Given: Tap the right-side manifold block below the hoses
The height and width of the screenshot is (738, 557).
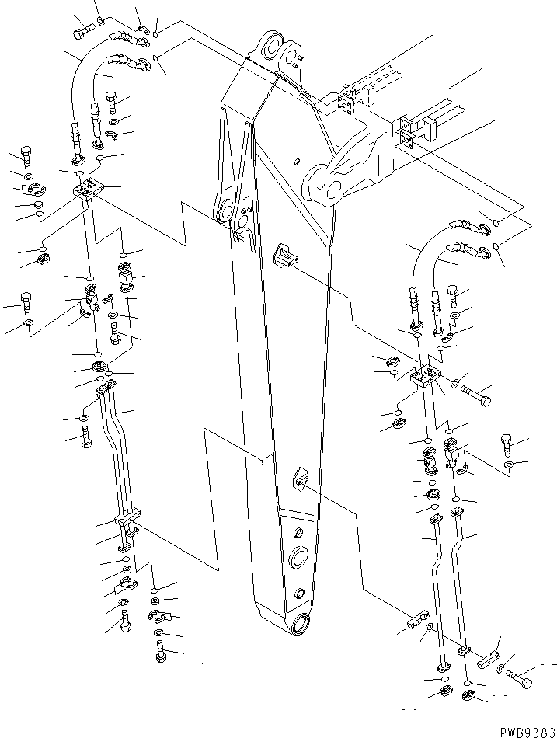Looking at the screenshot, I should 426,378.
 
